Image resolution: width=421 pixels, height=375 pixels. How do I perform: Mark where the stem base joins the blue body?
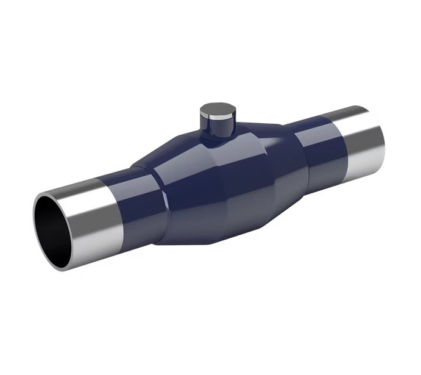(x=213, y=141)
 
